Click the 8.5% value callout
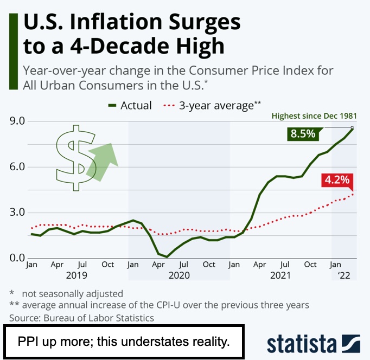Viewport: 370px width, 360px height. (x=303, y=133)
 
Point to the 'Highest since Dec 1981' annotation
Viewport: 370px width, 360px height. (x=314, y=115)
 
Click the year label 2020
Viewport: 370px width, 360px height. (x=179, y=275)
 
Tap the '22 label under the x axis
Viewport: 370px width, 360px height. (x=344, y=275)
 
